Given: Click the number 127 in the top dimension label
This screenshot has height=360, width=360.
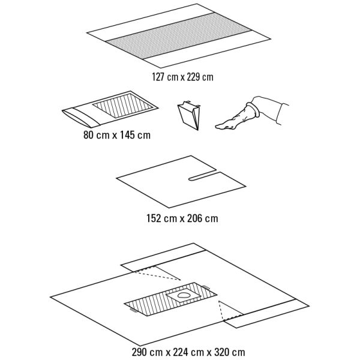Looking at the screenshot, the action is [x=158, y=77].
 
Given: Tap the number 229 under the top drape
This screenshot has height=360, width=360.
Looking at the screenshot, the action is [x=193, y=77].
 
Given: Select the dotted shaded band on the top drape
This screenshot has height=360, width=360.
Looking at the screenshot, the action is [x=179, y=36].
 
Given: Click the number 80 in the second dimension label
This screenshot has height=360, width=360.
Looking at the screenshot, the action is [x=88, y=135].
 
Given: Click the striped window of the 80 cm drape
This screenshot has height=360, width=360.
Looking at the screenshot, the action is [x=123, y=106].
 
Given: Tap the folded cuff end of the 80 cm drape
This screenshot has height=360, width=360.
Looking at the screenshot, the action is [x=80, y=117].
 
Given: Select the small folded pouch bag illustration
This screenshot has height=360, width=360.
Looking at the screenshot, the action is [x=189, y=115].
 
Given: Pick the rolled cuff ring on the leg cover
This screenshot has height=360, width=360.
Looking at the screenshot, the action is [x=253, y=110].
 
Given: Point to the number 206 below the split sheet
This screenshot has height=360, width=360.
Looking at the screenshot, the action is [x=194, y=218].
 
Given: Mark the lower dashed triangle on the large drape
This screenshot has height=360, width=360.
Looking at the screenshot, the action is [x=230, y=310].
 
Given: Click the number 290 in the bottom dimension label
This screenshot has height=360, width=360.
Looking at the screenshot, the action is [x=139, y=352].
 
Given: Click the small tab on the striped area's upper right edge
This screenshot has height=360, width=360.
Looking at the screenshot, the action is [x=206, y=287].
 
